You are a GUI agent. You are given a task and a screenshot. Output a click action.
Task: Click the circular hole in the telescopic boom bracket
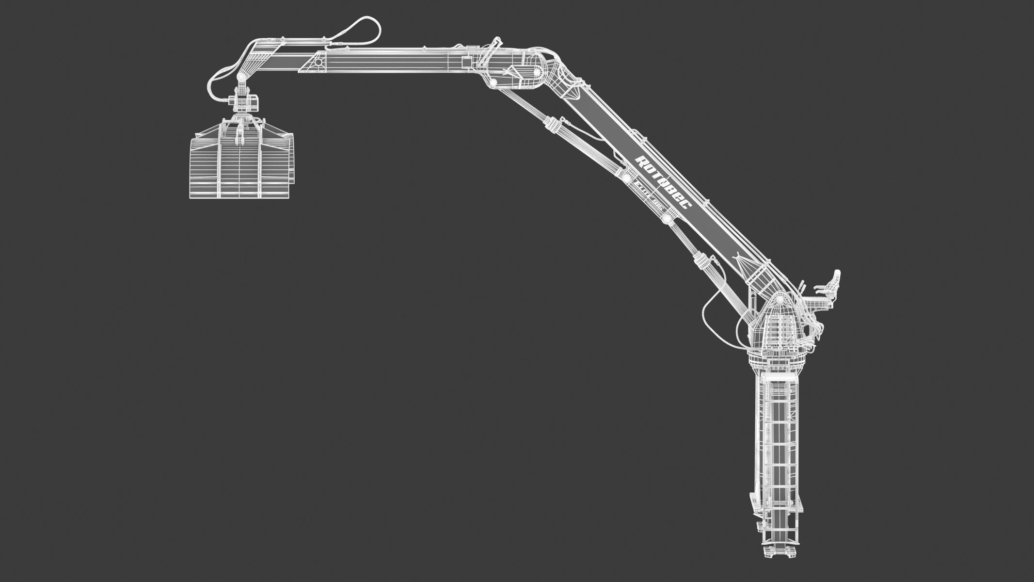tap(318, 63)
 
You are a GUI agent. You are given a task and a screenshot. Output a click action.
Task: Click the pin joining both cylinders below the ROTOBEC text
tap(668, 219)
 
